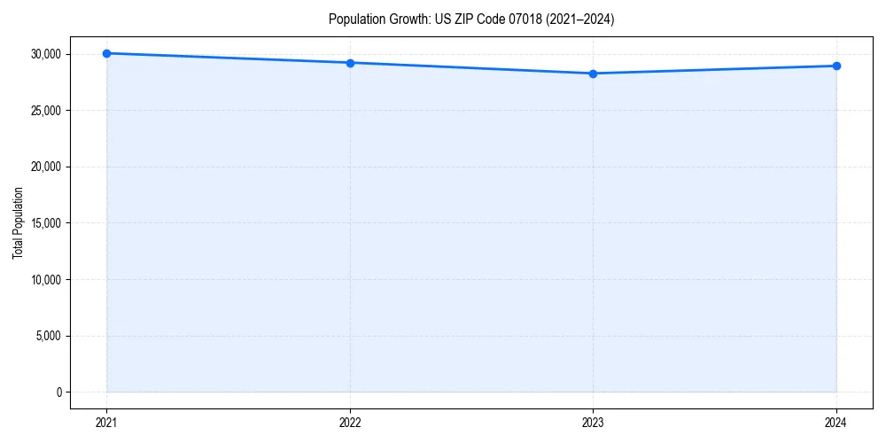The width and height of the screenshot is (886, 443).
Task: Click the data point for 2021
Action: tap(106, 53)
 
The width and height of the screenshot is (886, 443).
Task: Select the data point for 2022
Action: tap(350, 63)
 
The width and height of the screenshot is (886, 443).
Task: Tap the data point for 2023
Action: tap(593, 74)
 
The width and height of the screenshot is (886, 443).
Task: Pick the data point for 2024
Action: tap(836, 66)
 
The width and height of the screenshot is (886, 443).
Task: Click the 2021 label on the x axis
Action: tap(106, 423)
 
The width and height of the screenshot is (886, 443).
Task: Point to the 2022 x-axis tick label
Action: tap(350, 423)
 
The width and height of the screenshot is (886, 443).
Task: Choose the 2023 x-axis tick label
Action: tap(593, 423)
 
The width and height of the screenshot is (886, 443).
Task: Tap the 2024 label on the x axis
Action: tap(836, 423)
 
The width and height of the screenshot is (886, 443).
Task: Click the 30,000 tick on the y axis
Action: tap(45, 54)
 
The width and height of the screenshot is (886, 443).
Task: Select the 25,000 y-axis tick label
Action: tap(45, 111)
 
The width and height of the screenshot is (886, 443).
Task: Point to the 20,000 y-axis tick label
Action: tap(45, 167)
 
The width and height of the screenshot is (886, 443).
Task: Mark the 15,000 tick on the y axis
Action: tap(45, 223)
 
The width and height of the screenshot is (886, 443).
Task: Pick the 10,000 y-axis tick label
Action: tap(45, 279)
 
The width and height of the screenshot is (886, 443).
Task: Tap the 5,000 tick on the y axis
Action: tap(48, 336)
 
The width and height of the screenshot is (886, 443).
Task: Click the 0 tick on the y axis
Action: tap(58, 392)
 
